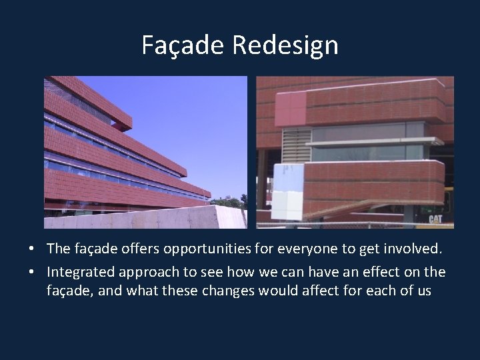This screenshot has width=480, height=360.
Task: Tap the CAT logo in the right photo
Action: coord(435,219)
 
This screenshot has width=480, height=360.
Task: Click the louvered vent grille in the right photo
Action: coord(297,145)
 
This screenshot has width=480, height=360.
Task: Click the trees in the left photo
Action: coord(230,201)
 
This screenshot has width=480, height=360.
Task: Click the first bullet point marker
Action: coord(32,249)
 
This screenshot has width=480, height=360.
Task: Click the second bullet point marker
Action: coord(32,273)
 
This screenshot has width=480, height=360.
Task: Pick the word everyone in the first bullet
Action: coord(311,249)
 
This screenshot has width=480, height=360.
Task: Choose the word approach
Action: coord(152,272)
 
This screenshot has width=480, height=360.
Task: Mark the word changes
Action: coord(219,291)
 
